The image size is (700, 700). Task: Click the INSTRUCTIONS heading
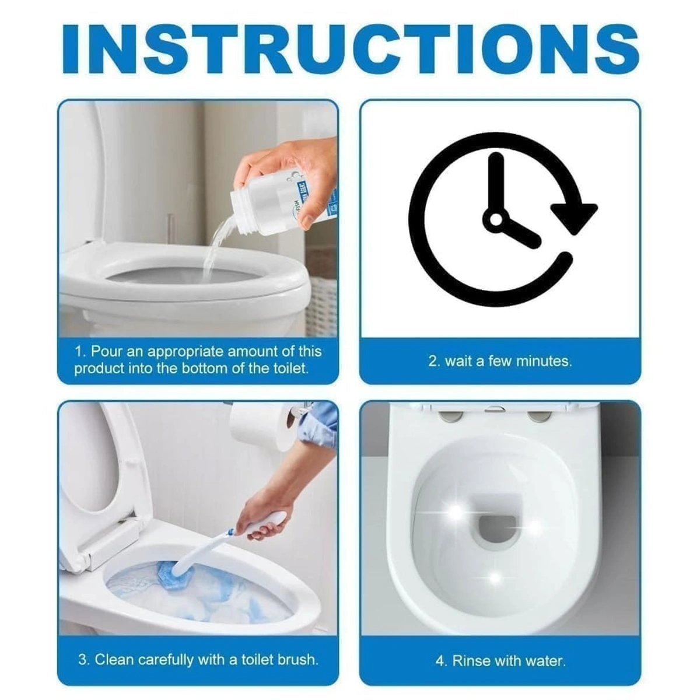click(x=350, y=47)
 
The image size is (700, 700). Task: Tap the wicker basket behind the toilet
click(x=321, y=292)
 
